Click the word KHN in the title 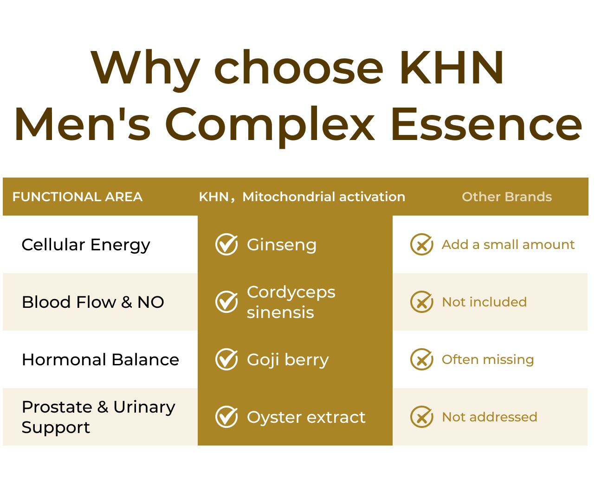point(452,67)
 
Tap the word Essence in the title point(487,124)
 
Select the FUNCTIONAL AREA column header point(78,197)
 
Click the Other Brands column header point(507,197)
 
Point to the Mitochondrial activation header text point(324,197)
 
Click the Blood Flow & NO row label point(93,302)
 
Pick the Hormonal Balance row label point(101,359)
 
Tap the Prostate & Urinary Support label point(98,417)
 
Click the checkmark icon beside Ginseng point(226,244)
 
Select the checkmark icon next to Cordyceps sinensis point(226,302)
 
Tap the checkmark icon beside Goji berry point(226,359)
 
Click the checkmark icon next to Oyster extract point(226,417)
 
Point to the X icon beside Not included point(421,302)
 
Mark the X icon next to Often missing point(421,359)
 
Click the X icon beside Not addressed point(421,417)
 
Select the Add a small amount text point(508,245)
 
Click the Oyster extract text point(306,417)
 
